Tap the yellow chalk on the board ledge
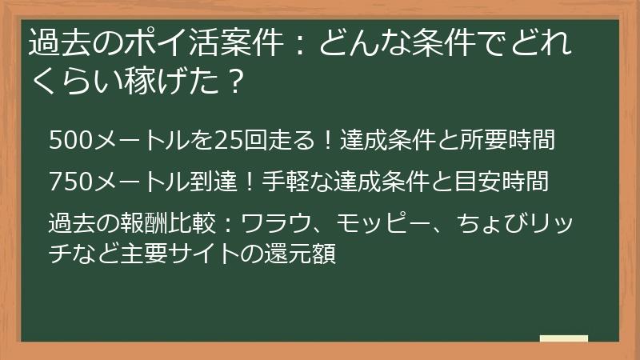564,339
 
